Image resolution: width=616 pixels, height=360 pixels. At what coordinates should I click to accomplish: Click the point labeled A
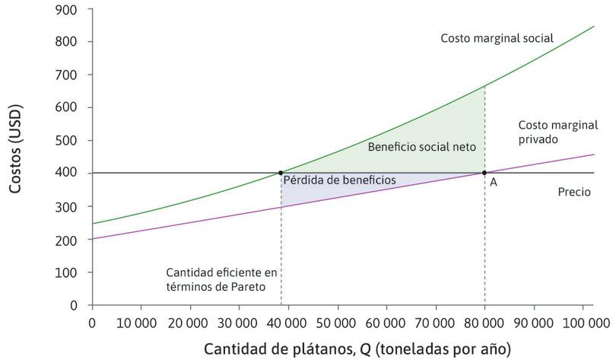click(484, 173)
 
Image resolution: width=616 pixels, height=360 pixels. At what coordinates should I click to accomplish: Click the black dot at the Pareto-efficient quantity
click(281, 173)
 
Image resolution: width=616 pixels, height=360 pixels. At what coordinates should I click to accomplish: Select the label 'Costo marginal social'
click(497, 38)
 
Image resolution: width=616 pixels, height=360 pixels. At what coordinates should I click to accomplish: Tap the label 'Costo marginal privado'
click(557, 132)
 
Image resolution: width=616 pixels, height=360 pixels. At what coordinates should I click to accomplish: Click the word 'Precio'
click(574, 193)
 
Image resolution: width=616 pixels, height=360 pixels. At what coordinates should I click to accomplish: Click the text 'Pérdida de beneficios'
click(339, 180)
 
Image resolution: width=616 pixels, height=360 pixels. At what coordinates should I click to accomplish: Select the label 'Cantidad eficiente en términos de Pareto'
click(223, 279)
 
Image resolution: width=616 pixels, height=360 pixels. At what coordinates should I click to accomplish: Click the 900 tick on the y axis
click(70, 10)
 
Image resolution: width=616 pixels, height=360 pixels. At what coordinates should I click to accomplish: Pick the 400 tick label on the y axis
click(70, 174)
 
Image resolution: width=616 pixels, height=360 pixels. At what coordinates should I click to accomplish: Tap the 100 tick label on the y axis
click(70, 272)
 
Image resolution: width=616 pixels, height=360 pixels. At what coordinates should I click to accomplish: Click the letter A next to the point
click(494, 183)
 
